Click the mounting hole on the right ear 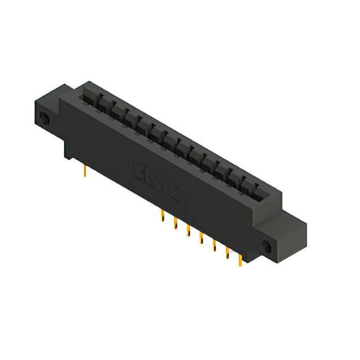[268, 246]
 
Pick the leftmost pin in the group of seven [162, 215]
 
